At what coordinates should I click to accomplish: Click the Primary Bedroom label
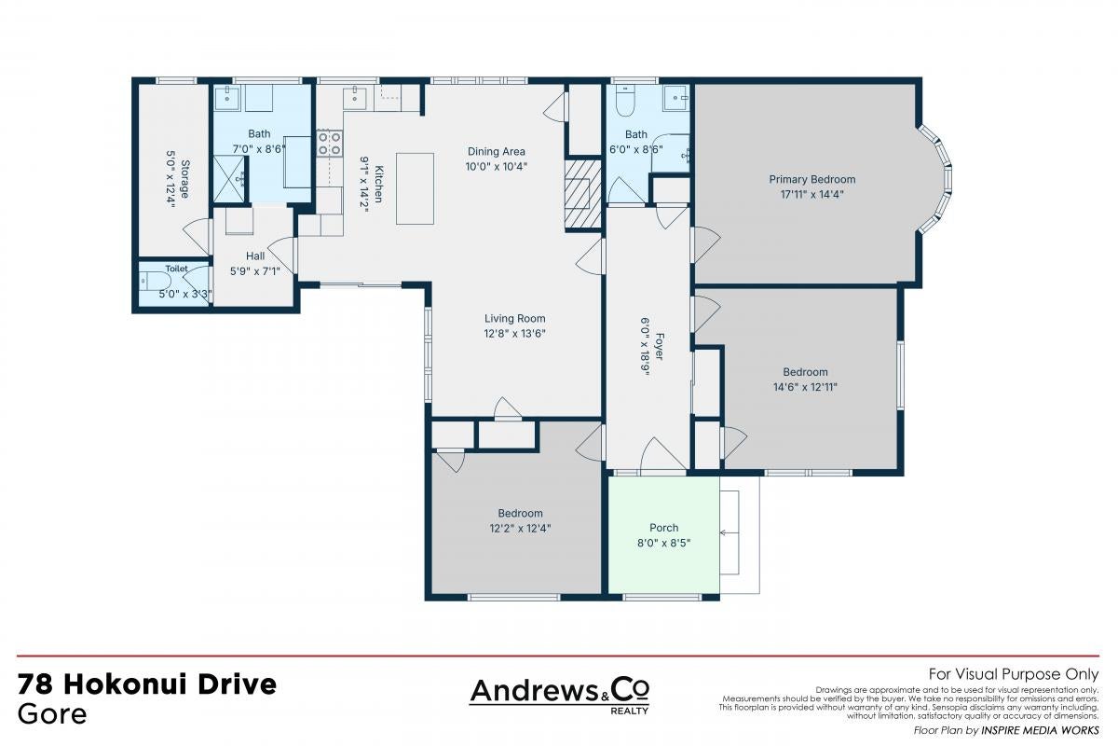[812, 179]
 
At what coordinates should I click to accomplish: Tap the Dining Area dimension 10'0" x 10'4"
[496, 166]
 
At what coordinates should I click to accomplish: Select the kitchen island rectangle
[415, 189]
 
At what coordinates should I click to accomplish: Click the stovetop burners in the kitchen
[330, 143]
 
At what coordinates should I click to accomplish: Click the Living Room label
[514, 318]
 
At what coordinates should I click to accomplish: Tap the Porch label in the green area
[663, 528]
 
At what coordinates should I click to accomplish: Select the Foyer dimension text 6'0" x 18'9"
[646, 346]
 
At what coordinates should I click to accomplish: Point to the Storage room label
[184, 179]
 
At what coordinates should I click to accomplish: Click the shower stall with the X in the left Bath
[230, 180]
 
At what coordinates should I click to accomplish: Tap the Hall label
[255, 256]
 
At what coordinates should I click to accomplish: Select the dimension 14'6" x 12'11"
[805, 387]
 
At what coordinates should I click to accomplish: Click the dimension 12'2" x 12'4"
[520, 528]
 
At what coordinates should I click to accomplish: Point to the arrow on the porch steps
[729, 533]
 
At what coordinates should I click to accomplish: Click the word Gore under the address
[52, 714]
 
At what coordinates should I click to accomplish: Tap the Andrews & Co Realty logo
[559, 696]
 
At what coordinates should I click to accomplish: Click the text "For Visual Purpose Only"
[1014, 674]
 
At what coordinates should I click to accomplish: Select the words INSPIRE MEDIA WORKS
[1040, 730]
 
